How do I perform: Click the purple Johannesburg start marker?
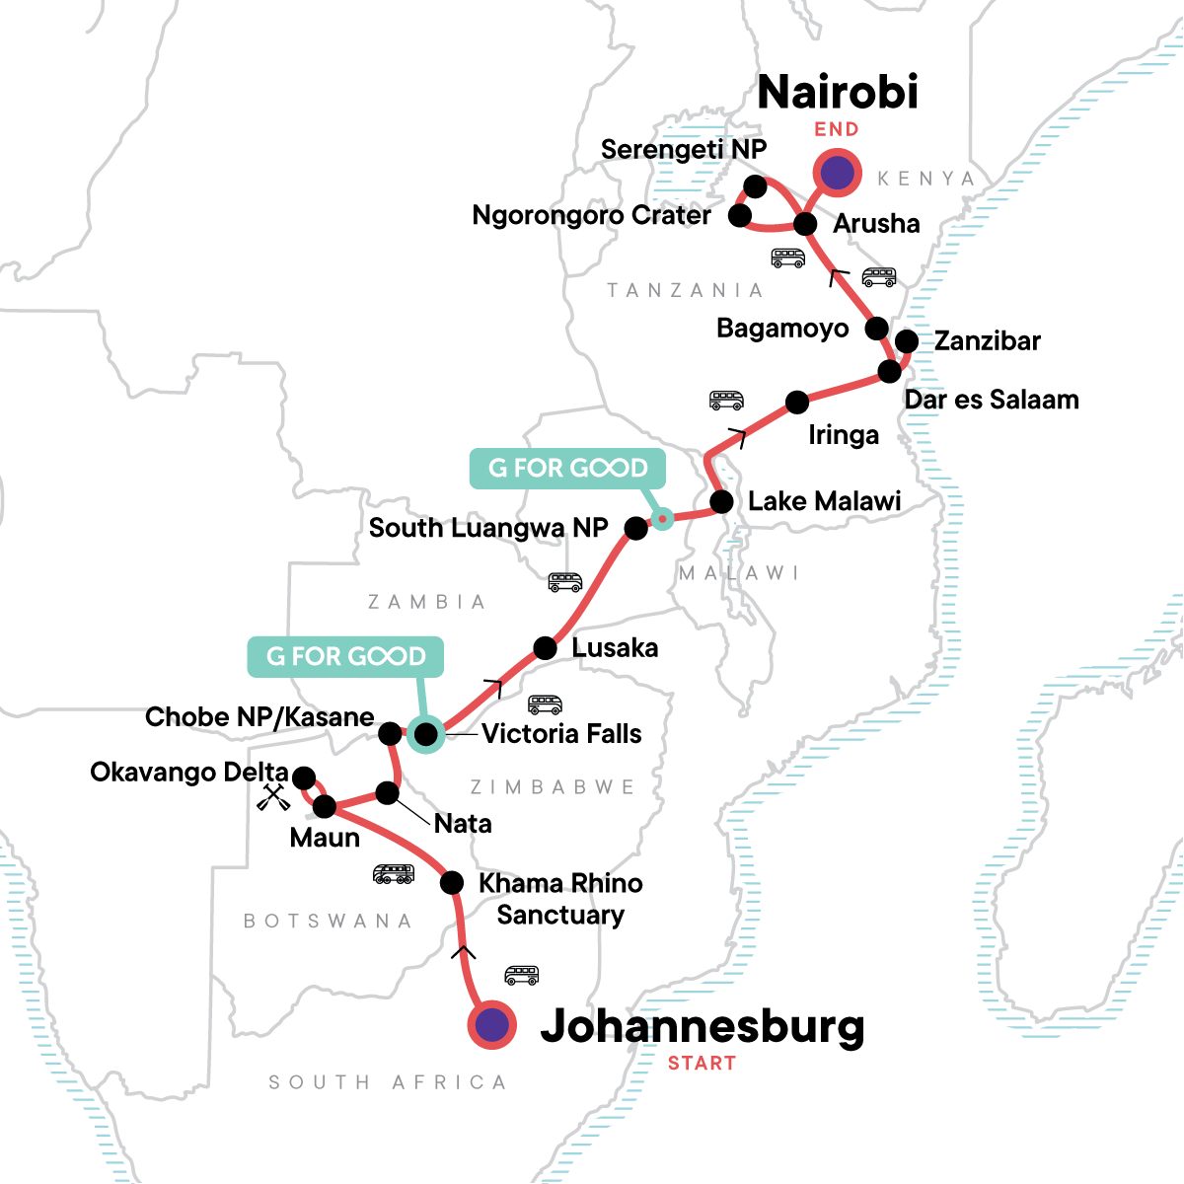491,1025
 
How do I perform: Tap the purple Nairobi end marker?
837,174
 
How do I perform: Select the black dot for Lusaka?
546,648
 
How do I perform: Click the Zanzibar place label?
988,341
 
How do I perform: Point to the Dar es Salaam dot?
890,372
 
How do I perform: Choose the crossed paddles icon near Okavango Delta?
273,797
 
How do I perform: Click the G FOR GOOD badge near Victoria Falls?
345,657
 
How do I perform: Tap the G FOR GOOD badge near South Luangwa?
567,469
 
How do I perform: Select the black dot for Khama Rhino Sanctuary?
451,882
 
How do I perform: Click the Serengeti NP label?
683,150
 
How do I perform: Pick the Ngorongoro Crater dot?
740,215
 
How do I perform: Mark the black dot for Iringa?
797,402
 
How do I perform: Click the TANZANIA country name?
685,290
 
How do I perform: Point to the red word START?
702,1064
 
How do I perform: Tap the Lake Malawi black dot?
722,501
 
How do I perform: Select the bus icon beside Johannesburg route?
522,976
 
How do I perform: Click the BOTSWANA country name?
328,922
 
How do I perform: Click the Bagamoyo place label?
782,329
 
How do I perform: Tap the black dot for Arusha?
806,224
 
